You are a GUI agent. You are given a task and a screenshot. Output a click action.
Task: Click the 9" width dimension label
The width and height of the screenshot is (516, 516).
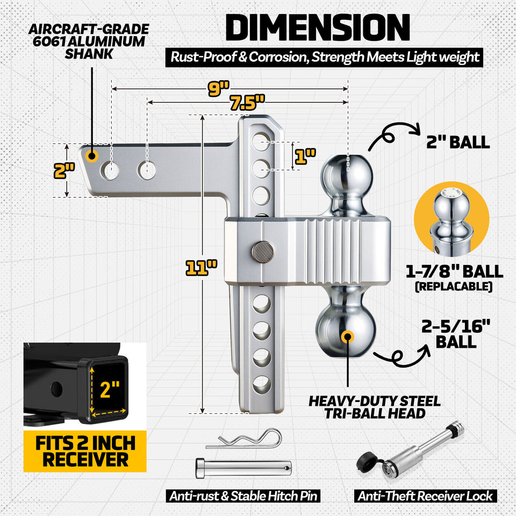[218, 88]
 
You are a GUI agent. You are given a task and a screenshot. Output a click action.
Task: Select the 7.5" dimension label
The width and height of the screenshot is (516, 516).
[247, 102]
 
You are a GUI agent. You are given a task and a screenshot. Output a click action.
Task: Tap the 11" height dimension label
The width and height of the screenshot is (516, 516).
[202, 268]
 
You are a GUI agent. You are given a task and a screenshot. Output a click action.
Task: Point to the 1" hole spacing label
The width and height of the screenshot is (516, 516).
[305, 156]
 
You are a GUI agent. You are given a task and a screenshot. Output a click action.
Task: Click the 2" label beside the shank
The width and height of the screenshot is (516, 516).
[64, 170]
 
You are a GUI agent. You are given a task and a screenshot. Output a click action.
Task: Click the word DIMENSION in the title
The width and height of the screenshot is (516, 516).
[318, 27]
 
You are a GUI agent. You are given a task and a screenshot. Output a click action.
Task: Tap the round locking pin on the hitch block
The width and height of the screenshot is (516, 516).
[263, 252]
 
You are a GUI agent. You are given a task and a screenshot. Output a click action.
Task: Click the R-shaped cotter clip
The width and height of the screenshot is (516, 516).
[244, 439]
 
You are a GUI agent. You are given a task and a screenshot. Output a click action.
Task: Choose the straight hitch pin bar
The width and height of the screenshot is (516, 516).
[243, 468]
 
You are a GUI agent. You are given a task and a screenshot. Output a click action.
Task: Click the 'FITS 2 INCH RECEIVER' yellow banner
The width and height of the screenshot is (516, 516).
[85, 451]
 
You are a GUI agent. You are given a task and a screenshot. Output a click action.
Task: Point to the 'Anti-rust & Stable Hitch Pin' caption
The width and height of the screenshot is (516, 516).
[243, 496]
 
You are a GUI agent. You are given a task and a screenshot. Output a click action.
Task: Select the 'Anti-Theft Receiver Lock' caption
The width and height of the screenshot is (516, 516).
[425, 496]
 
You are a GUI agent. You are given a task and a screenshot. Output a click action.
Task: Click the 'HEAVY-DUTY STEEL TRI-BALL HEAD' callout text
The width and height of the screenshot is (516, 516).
[375, 407]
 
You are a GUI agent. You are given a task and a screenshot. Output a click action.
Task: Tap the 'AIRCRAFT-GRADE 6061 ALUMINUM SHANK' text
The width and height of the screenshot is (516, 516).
[89, 41]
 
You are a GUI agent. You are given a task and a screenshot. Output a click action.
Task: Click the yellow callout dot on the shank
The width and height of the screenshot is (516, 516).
[92, 156]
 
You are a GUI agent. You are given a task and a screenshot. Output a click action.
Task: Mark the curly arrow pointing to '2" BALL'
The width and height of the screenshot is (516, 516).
[394, 134]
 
